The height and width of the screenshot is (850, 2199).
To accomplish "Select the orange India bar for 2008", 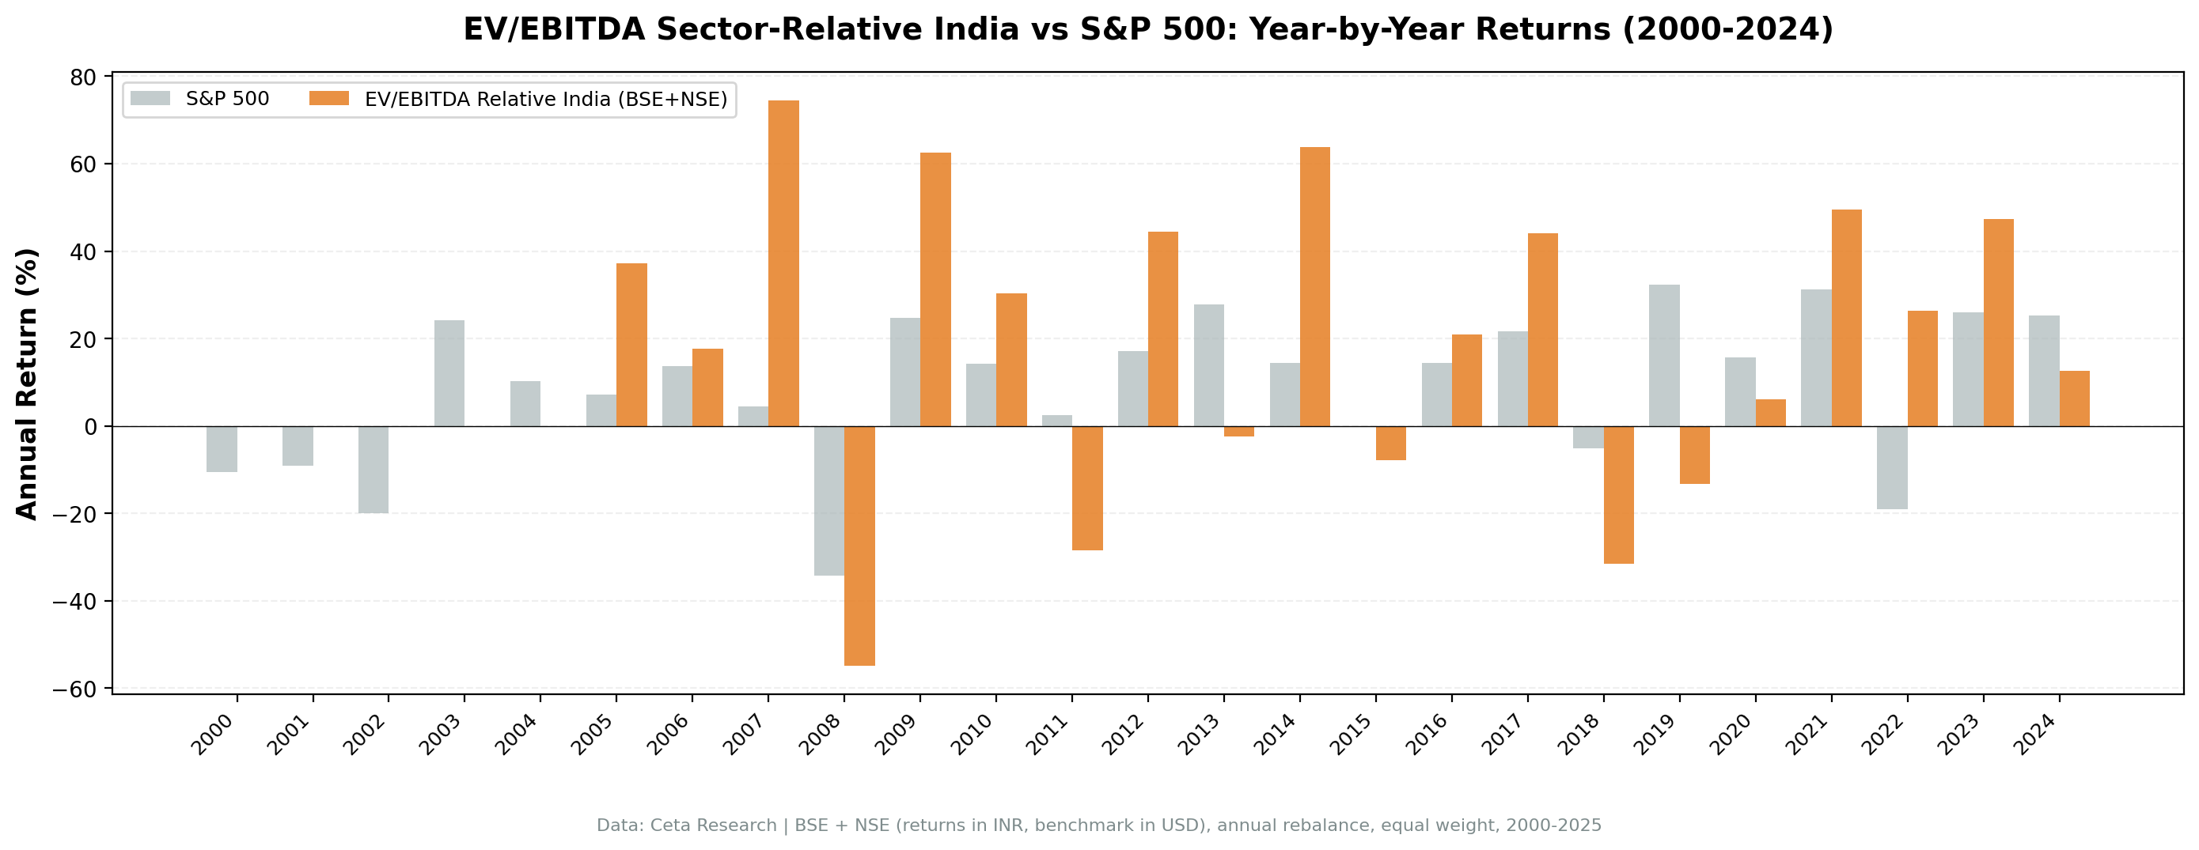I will [x=859, y=546].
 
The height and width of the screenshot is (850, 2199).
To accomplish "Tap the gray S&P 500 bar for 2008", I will [x=829, y=501].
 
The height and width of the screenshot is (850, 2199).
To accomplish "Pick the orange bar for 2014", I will [x=1314, y=287].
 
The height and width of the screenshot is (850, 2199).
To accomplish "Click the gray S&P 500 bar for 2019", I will [x=1664, y=355].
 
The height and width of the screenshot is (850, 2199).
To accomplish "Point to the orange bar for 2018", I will [x=1618, y=495].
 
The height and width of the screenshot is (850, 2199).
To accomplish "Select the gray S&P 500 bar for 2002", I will [x=373, y=470].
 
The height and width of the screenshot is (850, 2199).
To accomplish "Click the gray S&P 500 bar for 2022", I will [x=1892, y=467].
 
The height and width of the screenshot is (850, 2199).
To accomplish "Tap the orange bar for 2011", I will [x=1086, y=488].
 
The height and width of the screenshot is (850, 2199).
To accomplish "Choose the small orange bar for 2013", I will [x=1238, y=431].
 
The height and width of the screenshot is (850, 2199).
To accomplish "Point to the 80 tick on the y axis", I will [x=83, y=77].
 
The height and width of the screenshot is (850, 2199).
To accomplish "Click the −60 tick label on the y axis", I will [x=76, y=689].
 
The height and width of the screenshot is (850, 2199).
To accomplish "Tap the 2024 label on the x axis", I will [x=2035, y=735].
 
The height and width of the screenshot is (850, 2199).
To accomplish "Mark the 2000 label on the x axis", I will [x=213, y=735].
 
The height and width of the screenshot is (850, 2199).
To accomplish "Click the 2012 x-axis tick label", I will [x=1124, y=735].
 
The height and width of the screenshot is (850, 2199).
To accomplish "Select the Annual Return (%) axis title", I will [x=28, y=383].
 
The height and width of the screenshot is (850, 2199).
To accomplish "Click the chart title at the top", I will [x=1147, y=30].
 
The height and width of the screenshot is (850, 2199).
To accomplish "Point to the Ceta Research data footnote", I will [x=1098, y=825].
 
